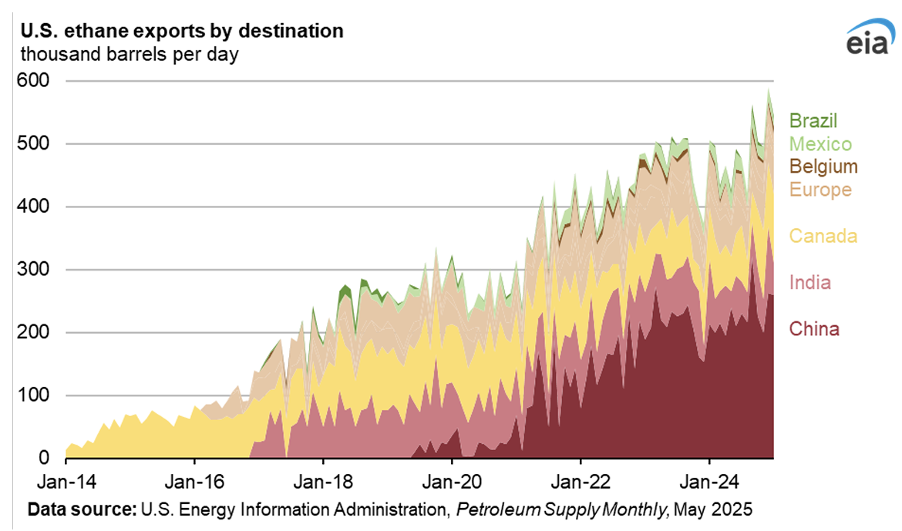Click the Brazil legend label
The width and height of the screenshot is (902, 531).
pyautogui.click(x=813, y=121)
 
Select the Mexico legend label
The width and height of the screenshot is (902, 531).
pyautogui.click(x=820, y=144)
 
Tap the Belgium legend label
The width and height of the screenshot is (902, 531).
pyautogui.click(x=823, y=166)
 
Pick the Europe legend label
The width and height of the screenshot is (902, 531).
pyautogui.click(x=820, y=190)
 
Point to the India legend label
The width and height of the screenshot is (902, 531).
pyautogui.click(x=809, y=283)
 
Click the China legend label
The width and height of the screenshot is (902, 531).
pyautogui.click(x=813, y=330)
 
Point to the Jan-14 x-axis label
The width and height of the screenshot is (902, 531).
pyautogui.click(x=66, y=478)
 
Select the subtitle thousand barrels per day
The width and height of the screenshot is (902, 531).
pyautogui.click(x=130, y=55)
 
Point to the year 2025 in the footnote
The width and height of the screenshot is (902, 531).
pyautogui.click(x=733, y=510)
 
